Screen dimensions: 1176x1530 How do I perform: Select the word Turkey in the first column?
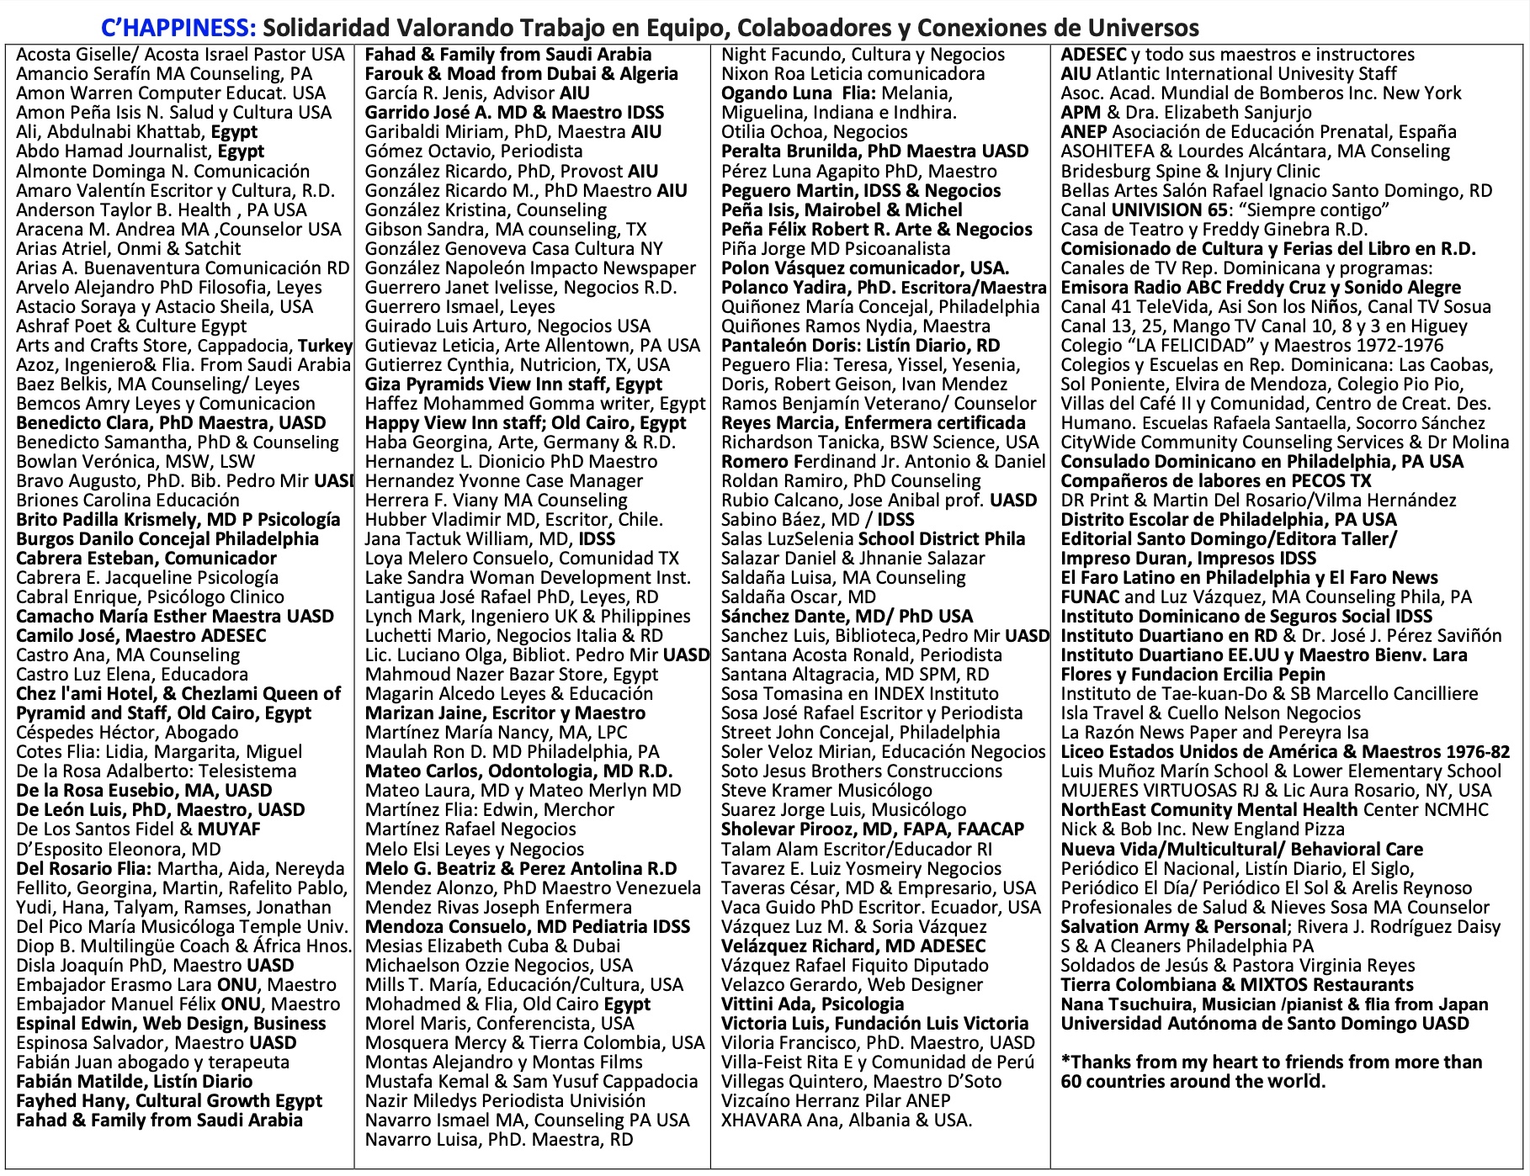click(x=326, y=346)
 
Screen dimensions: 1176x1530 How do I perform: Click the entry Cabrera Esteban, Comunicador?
click(x=146, y=559)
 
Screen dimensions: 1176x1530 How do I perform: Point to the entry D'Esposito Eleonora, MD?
click(x=119, y=849)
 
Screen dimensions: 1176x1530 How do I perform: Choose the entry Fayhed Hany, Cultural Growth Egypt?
click(x=169, y=1101)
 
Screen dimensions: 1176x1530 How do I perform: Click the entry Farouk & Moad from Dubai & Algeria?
click(x=521, y=74)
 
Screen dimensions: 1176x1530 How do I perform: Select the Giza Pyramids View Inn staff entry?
click(x=513, y=384)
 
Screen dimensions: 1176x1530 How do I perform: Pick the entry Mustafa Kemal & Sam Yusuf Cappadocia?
click(x=531, y=1082)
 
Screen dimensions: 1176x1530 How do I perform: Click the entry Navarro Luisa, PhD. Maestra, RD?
click(x=499, y=1140)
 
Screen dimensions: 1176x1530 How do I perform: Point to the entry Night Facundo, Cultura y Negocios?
click(x=863, y=55)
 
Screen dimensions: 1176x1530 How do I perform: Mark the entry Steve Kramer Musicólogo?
click(x=826, y=791)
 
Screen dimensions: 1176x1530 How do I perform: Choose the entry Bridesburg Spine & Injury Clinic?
click(x=1190, y=172)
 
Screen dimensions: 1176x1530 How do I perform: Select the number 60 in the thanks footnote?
click(x=1071, y=1082)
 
